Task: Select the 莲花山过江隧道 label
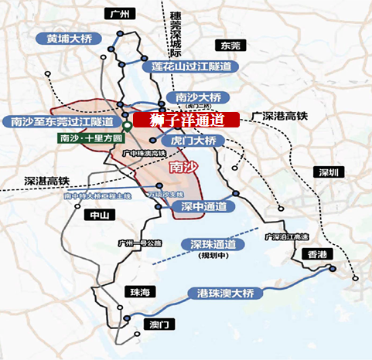[192, 66]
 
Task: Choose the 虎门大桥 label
[196, 141]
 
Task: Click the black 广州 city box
[119, 14]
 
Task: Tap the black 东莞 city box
[231, 45]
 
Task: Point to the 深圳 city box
[329, 172]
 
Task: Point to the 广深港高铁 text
[279, 115]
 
